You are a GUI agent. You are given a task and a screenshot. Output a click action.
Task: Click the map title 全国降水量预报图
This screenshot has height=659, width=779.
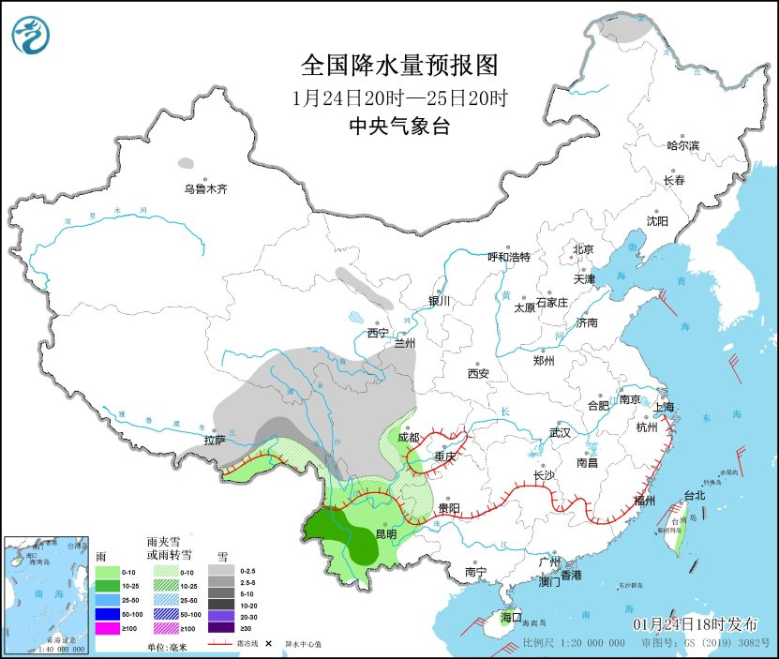coord(398,65)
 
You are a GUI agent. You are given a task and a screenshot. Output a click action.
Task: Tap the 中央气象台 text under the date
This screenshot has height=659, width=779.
coord(398,127)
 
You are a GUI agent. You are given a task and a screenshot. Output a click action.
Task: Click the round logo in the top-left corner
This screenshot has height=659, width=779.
coord(31,36)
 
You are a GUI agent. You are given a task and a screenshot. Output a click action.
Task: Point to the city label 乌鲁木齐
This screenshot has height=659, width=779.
coord(205,189)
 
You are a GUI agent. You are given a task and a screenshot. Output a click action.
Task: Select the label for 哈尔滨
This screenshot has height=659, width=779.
coord(682,145)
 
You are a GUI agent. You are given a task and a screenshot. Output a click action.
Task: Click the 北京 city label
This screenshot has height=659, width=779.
coord(583,249)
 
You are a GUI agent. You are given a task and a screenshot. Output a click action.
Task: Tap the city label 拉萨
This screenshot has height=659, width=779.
coord(215,440)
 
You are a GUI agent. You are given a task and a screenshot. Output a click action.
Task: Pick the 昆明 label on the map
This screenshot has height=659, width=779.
coord(385,534)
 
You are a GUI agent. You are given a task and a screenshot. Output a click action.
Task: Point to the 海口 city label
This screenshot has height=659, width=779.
coord(510,618)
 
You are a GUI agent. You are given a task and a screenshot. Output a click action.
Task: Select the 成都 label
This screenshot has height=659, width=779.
coord(408,437)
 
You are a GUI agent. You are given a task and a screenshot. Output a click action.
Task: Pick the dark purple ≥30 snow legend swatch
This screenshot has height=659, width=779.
coord(221,627)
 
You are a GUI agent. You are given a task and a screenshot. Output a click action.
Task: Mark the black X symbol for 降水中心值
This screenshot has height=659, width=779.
coord(268,645)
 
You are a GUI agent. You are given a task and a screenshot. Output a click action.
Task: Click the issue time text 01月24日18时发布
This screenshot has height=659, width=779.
coord(695,624)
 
